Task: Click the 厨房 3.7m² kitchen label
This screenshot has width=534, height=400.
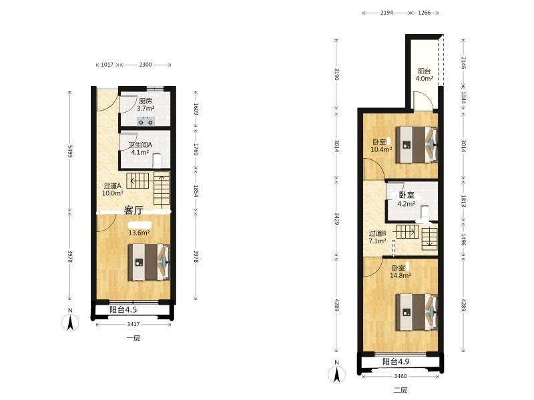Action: point(146,105)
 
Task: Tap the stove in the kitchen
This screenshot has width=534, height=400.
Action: point(146,121)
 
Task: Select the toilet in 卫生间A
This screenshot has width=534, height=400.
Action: point(157,161)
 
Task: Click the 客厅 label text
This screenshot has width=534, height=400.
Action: point(133,210)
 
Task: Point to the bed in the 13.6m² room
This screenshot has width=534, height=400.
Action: point(149,262)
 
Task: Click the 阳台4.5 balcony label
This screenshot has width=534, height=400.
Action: point(123,309)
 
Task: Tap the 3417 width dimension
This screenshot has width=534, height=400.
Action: point(133,324)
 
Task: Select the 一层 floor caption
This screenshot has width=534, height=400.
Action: point(133,338)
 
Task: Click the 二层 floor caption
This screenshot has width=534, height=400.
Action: point(400,390)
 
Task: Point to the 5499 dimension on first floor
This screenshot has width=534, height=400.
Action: point(70,151)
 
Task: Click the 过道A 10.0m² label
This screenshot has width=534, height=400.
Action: point(112,189)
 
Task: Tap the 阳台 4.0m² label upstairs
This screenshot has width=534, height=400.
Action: point(424,75)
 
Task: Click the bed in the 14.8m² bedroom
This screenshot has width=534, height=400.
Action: point(417,312)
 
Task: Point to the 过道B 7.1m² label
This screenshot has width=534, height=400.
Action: point(377,237)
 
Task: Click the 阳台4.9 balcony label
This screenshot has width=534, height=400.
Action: point(396,361)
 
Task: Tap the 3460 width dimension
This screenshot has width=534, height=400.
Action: point(400,376)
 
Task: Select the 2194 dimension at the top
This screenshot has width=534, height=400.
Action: point(386,13)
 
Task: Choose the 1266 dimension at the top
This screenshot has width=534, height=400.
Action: point(424,13)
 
